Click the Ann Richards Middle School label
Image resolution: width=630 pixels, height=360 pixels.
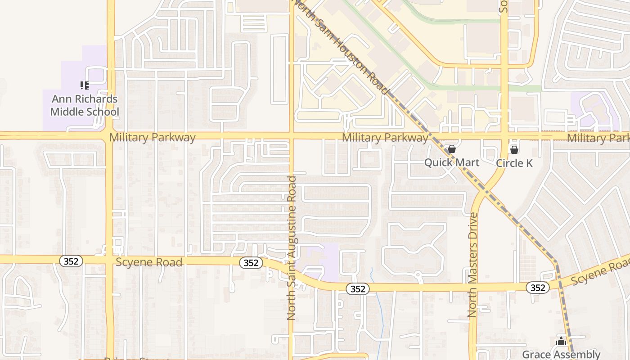(x=84, y=105)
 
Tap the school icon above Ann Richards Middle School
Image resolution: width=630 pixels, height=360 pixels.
(x=84, y=85)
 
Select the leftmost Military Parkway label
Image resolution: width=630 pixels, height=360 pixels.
(x=152, y=137)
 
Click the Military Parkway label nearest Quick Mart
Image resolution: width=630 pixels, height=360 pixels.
(x=385, y=137)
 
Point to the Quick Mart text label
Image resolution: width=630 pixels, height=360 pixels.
(x=452, y=162)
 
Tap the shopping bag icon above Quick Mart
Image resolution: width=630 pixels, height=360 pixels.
(x=452, y=149)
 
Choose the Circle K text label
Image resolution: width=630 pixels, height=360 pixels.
(x=514, y=163)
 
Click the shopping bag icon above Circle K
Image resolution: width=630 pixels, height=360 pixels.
(x=514, y=149)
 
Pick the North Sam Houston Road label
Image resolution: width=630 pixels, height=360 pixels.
(x=341, y=46)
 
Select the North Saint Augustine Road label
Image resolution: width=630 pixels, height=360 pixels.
(x=292, y=247)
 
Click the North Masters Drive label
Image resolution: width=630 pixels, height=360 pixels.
(x=472, y=265)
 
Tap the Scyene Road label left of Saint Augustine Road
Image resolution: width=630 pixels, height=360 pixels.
(x=149, y=262)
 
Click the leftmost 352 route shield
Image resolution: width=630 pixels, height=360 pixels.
(x=71, y=261)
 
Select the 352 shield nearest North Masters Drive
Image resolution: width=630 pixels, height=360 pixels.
(x=537, y=288)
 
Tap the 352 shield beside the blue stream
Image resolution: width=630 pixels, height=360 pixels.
(x=358, y=289)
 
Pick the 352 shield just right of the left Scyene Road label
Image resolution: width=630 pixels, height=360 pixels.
(x=251, y=263)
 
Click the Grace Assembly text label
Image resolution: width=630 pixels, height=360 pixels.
(x=561, y=354)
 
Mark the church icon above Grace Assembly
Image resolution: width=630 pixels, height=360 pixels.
(x=561, y=341)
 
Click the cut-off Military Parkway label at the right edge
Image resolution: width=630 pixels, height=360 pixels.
(x=598, y=138)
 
